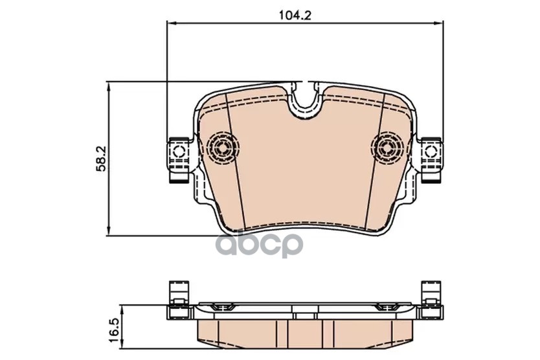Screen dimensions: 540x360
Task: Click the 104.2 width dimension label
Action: click(x=295, y=15)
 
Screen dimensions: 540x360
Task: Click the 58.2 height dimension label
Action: click(x=103, y=159)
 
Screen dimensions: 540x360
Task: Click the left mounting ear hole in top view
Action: click(x=179, y=152)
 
